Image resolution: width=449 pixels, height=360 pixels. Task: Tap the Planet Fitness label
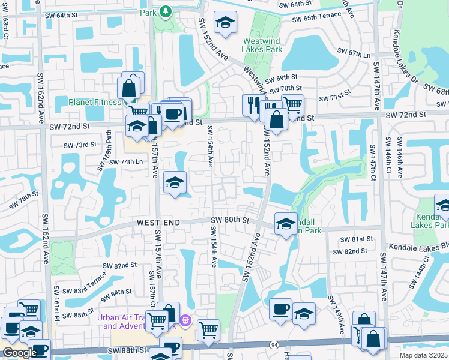[95, 102]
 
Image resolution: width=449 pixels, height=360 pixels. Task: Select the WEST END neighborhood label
[158, 223]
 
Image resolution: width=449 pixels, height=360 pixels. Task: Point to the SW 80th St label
[230, 220]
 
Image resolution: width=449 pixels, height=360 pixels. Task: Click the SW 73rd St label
[80, 145]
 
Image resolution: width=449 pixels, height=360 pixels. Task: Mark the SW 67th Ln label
[354, 54]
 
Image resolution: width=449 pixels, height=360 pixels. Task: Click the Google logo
[19, 353]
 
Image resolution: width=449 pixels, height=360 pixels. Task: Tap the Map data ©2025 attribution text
[423, 355]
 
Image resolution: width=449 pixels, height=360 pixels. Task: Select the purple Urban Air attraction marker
[185, 322]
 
